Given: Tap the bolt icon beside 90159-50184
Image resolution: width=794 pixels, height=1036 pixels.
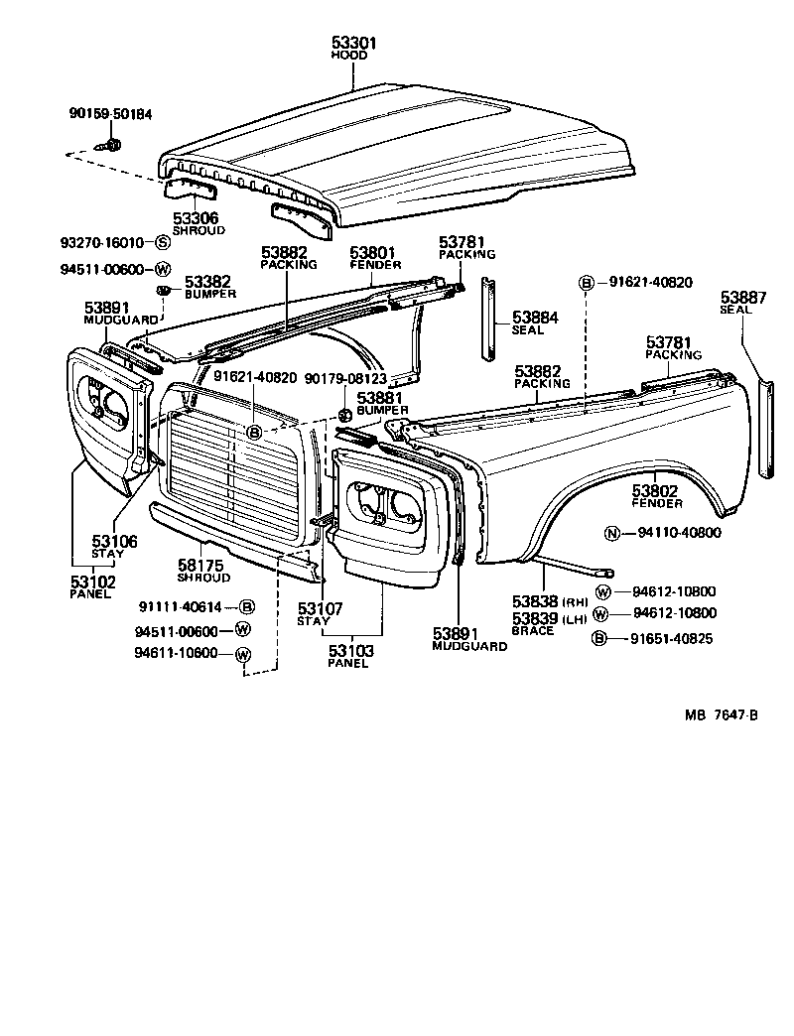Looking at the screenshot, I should coord(112,146).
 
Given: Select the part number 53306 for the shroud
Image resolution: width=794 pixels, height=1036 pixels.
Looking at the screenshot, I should coord(196,218).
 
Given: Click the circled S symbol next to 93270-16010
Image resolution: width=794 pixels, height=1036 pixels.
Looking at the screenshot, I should coord(164,242).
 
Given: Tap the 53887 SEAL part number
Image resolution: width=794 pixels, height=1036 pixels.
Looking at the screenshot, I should coord(744,297).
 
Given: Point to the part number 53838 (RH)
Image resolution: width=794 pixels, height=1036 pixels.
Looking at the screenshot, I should coord(536,601).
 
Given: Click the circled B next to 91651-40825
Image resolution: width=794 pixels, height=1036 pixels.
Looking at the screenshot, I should coord(599,638).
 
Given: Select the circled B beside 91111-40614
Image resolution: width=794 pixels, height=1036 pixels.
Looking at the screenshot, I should coord(247,606).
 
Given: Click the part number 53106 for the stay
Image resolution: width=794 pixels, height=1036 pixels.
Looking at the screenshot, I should coord(115,541).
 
